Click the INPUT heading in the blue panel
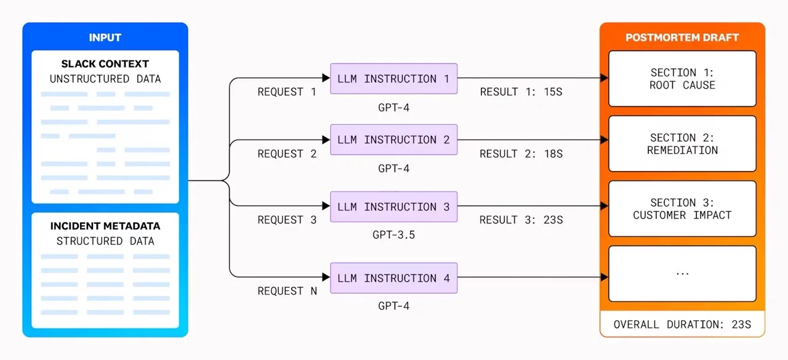[105, 38]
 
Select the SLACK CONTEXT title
[105, 63]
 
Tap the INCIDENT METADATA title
[105, 226]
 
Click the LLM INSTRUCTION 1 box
[393, 79]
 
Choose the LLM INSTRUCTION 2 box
[393, 140]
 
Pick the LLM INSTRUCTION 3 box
[393, 207]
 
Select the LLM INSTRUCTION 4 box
[393, 278]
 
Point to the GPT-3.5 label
[393, 234]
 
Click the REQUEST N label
[287, 291]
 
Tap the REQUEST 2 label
[287, 154]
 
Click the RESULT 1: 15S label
[521, 92]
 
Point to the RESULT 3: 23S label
[521, 220]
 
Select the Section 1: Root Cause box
[682, 79]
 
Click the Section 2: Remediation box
[682, 144]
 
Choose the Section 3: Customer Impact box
[682, 209]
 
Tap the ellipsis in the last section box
[683, 273]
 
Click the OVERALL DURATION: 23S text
[682, 324]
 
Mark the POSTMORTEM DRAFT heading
[682, 38]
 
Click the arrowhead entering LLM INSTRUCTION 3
[326, 206]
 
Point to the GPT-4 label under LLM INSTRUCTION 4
[393, 306]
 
